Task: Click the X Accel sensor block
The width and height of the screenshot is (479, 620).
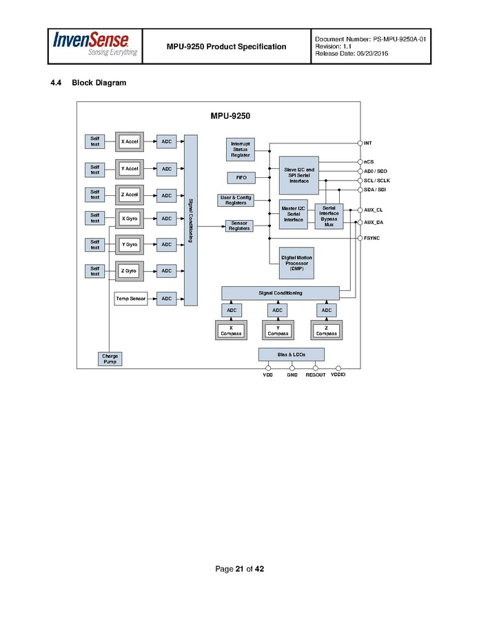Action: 130,141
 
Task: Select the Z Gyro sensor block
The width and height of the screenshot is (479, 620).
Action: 130,271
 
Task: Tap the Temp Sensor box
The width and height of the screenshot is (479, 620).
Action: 131,299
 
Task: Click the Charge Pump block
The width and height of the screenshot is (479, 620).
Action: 110,359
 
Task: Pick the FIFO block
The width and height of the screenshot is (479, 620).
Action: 241,178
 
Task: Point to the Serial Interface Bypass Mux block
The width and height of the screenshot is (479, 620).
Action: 329,216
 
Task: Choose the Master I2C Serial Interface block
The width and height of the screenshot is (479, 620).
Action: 293,214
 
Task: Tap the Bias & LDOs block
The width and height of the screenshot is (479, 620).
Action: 291,354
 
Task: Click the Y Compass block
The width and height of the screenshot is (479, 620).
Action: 278,330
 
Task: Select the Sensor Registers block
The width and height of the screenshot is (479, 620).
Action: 239,226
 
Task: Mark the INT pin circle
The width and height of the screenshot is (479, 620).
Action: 360,143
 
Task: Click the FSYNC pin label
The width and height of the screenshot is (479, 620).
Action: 372,238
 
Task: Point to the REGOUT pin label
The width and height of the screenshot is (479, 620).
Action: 316,375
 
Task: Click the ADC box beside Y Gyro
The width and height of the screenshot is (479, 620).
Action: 166,245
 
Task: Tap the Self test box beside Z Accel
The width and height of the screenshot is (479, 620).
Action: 94,194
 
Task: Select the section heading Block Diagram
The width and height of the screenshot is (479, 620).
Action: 99,83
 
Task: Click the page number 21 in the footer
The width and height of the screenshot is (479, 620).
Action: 239,569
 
